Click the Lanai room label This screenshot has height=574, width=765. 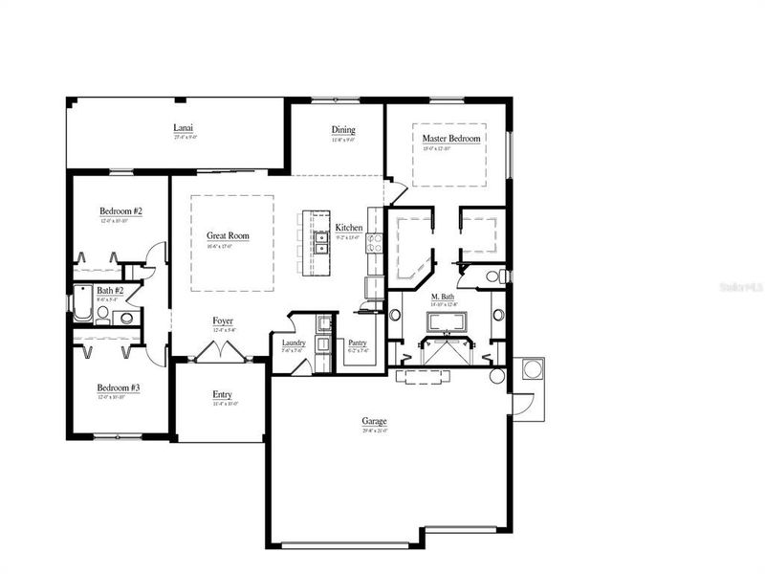pos(185,127)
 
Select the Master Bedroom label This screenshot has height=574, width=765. pos(451,139)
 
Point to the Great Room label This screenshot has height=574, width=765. pos(228,235)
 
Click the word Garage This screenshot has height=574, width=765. pos(374,420)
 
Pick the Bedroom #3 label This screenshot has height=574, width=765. pos(120,388)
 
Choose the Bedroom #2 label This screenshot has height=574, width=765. pos(120,210)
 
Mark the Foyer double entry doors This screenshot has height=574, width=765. pos(219,353)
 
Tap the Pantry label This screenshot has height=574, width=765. pos(358,342)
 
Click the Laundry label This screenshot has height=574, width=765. pos(293,342)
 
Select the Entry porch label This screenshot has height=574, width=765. pos(222,394)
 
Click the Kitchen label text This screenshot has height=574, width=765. pos(348,228)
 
